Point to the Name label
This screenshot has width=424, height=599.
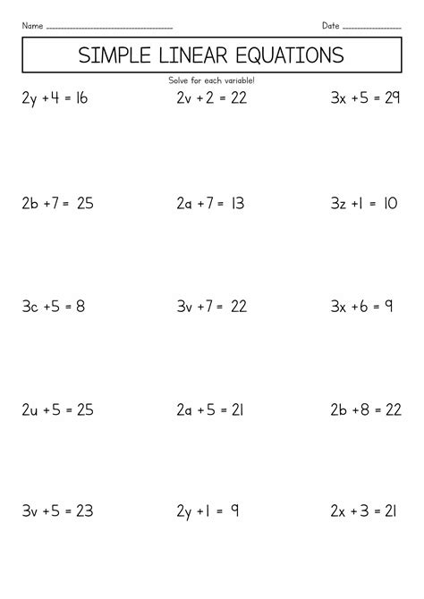pos(31,24)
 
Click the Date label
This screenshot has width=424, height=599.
pos(329,24)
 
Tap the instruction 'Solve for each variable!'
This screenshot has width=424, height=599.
pos(211,80)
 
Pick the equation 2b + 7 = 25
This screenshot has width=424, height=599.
pos(58,204)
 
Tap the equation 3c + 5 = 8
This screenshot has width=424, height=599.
pos(53,308)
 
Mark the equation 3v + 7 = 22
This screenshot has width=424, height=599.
pos(211,308)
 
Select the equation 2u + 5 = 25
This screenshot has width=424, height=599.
pos(58,411)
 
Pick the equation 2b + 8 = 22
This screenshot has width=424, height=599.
pos(365,411)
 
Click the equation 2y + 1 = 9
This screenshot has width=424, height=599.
pos(207,513)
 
